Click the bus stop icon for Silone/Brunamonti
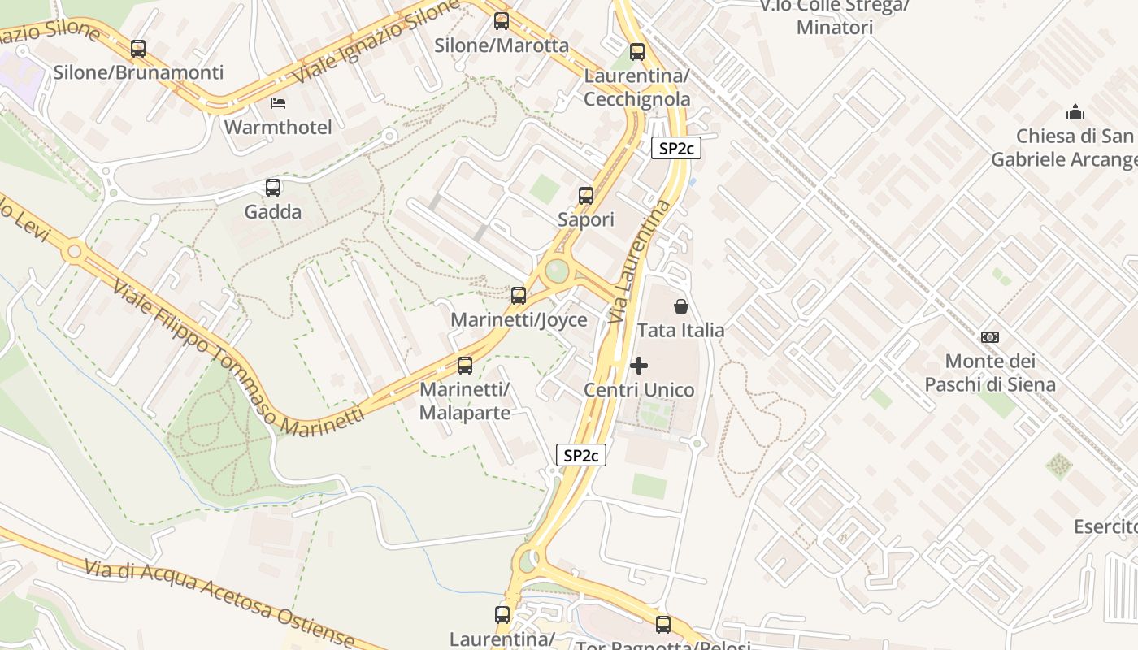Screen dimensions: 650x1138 (x=138, y=49)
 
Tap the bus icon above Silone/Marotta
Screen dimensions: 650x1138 (x=502, y=21)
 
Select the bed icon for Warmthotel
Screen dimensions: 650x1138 (x=278, y=103)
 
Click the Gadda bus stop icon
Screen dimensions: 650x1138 (x=273, y=188)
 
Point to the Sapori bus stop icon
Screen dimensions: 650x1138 (x=586, y=195)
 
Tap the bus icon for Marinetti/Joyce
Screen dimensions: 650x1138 (x=519, y=296)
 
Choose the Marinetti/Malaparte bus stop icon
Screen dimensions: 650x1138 (x=465, y=366)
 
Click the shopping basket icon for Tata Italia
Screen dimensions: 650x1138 (x=680, y=306)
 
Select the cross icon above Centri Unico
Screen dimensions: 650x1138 (x=640, y=366)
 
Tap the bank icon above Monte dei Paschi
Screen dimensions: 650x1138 (x=990, y=336)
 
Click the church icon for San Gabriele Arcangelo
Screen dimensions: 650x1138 (x=1075, y=111)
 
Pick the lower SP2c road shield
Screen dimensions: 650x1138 (x=582, y=455)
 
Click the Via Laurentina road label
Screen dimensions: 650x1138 (x=641, y=262)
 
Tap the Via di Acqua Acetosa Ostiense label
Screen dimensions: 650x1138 (x=219, y=602)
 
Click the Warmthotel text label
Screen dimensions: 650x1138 (x=278, y=128)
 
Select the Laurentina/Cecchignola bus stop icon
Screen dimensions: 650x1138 (x=637, y=52)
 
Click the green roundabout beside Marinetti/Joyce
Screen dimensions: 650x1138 (x=557, y=270)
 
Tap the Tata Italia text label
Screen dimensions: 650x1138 (x=680, y=330)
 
